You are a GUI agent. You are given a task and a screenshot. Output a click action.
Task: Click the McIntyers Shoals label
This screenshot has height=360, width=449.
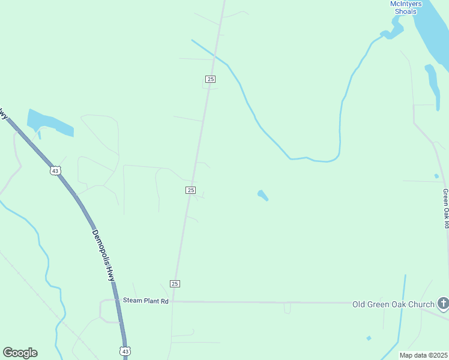pos(406,7)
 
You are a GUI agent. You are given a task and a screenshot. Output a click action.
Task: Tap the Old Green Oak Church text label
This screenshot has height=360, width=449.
pos(393,304)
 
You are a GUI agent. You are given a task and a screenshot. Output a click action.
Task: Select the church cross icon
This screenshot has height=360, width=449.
pos(443,304)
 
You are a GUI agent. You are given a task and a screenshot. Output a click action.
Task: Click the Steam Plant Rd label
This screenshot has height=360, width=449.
pos(145,301)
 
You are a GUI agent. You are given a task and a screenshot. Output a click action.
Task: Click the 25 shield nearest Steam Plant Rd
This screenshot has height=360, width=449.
pos(175,283)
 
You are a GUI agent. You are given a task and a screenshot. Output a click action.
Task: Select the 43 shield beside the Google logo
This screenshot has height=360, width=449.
pos(124,350)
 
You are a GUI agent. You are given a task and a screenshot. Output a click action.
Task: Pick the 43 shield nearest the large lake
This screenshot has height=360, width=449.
pos(55,170)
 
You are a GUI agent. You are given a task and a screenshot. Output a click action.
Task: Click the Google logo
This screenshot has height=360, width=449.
pos(20,353)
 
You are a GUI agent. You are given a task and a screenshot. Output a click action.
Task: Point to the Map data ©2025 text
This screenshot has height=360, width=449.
pos(423,355)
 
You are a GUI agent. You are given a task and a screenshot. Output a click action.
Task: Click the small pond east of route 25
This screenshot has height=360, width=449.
pos(262,195)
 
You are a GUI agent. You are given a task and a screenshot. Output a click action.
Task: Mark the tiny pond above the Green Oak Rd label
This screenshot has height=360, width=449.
pos(436,176)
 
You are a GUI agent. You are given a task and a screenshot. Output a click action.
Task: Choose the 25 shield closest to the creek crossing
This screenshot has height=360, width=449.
pos(210,79)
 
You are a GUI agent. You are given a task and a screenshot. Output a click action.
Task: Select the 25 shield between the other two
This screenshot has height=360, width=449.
pos(190,190)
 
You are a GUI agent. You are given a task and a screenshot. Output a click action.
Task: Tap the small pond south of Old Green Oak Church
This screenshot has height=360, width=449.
pos(369,338)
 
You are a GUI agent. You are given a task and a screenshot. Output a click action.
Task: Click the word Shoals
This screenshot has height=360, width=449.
pos(406,11)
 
